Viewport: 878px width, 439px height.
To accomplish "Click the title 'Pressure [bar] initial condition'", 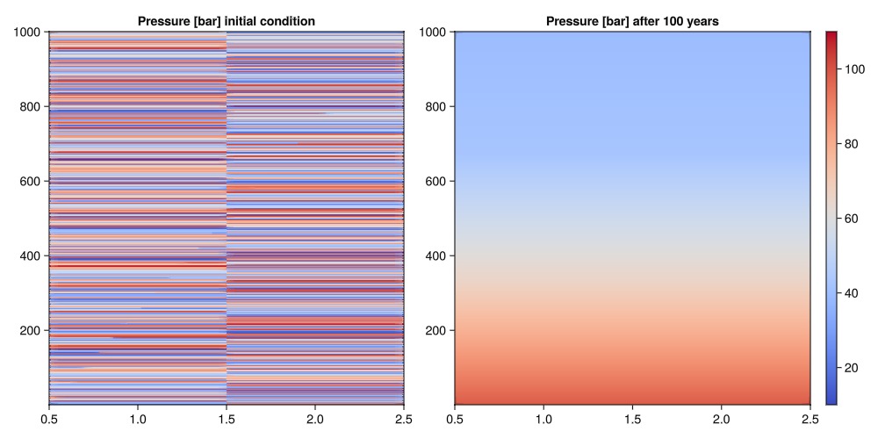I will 226,20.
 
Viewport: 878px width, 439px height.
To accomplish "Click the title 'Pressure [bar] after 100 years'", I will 632,20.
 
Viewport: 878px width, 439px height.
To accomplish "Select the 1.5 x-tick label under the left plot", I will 226,419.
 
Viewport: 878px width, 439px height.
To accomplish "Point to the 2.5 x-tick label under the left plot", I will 403,419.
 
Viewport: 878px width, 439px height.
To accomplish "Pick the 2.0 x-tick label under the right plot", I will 721,419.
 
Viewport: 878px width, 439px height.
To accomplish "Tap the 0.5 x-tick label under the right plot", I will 454,419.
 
